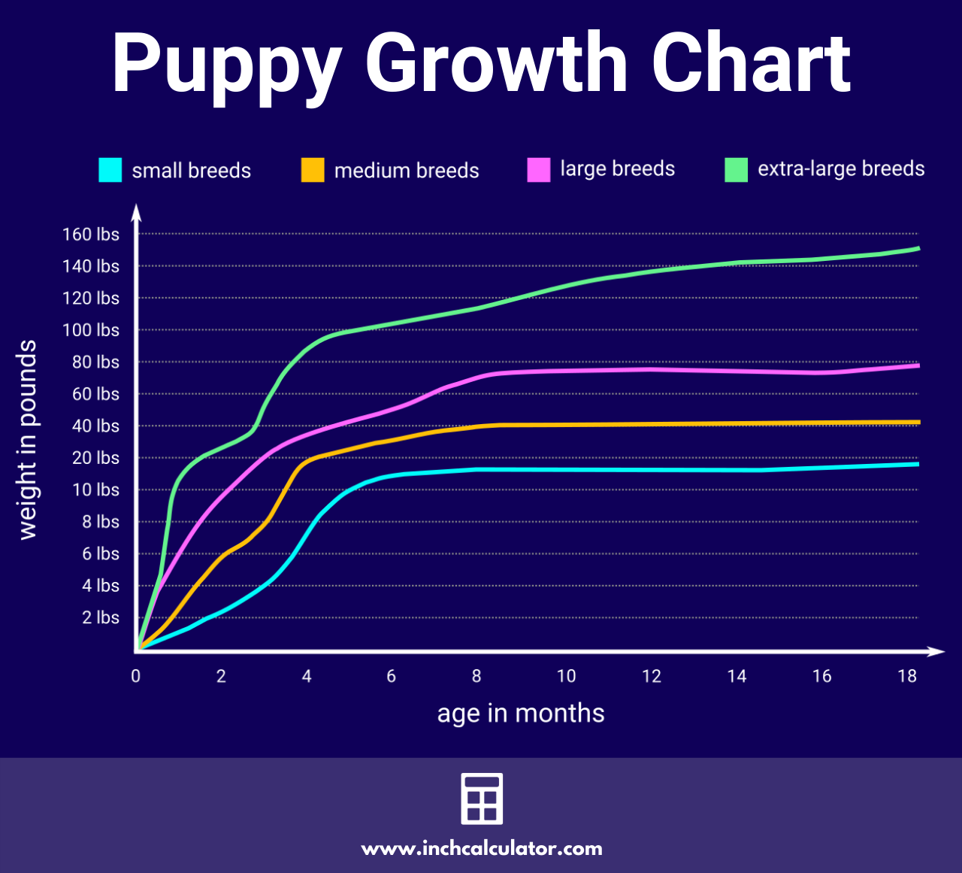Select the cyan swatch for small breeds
tap(110, 170)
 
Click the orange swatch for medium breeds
tap(313, 170)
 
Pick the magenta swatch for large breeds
tap(539, 170)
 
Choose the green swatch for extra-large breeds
tap(736, 170)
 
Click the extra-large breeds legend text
tap(840, 169)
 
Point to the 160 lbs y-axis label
tap(90, 235)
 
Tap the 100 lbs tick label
tap(90, 330)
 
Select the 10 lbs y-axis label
tap(95, 490)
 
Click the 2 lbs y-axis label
tap(101, 618)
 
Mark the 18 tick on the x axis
tap(907, 676)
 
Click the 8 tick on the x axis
tap(476, 676)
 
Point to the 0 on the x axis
tap(135, 676)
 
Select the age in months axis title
tap(521, 713)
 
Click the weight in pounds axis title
tap(27, 440)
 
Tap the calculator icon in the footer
tap(481, 799)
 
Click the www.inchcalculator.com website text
tap(482, 849)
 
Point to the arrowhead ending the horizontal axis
tap(936, 651)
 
